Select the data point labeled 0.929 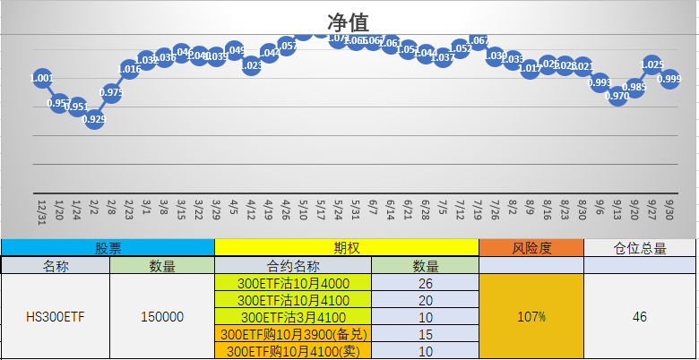click(94, 119)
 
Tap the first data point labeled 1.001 click(41, 79)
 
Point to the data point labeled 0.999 click(669, 80)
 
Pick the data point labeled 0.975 click(112, 92)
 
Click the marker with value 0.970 click(617, 96)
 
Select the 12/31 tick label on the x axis click(41, 212)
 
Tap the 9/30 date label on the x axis click(669, 210)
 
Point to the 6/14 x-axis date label click(390, 210)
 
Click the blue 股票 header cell click(108, 248)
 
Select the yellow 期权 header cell click(347, 248)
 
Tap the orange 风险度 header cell click(531, 248)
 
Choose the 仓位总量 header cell click(640, 248)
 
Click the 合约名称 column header click(293, 265)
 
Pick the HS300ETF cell click(55, 316)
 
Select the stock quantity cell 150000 click(162, 316)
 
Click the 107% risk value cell click(531, 316)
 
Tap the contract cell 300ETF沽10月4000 click(293, 283)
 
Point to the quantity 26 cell click(425, 283)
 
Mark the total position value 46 click(640, 316)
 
